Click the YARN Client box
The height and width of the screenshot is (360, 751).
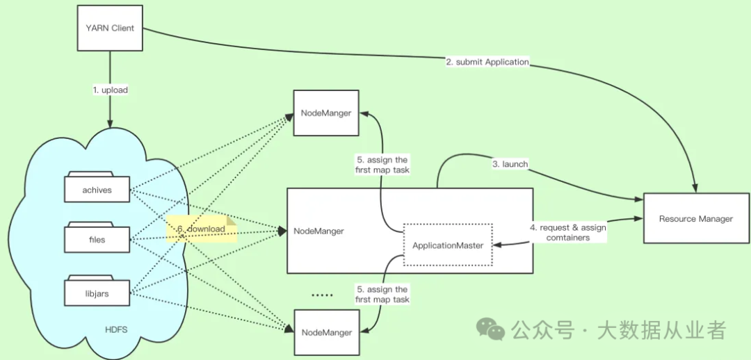coord(109,28)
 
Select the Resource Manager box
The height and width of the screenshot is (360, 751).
coord(695,218)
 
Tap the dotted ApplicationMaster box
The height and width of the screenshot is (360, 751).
coord(448,245)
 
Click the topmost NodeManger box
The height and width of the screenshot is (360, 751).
coord(326,113)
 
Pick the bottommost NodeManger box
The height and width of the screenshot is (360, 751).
coord(326,332)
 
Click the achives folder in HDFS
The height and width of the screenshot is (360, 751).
coord(97,189)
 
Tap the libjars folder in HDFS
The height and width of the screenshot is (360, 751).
coord(97,293)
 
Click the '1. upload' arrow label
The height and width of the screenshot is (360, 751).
coord(111,90)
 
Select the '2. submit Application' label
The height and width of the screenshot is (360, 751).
coord(487,62)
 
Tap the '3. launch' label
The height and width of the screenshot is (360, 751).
coord(510,164)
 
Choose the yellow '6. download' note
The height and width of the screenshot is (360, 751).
coord(202,229)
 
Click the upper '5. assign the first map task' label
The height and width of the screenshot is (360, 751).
coord(381,165)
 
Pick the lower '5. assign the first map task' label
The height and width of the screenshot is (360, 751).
coord(381,294)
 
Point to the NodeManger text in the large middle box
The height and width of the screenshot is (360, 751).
coord(318,231)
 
